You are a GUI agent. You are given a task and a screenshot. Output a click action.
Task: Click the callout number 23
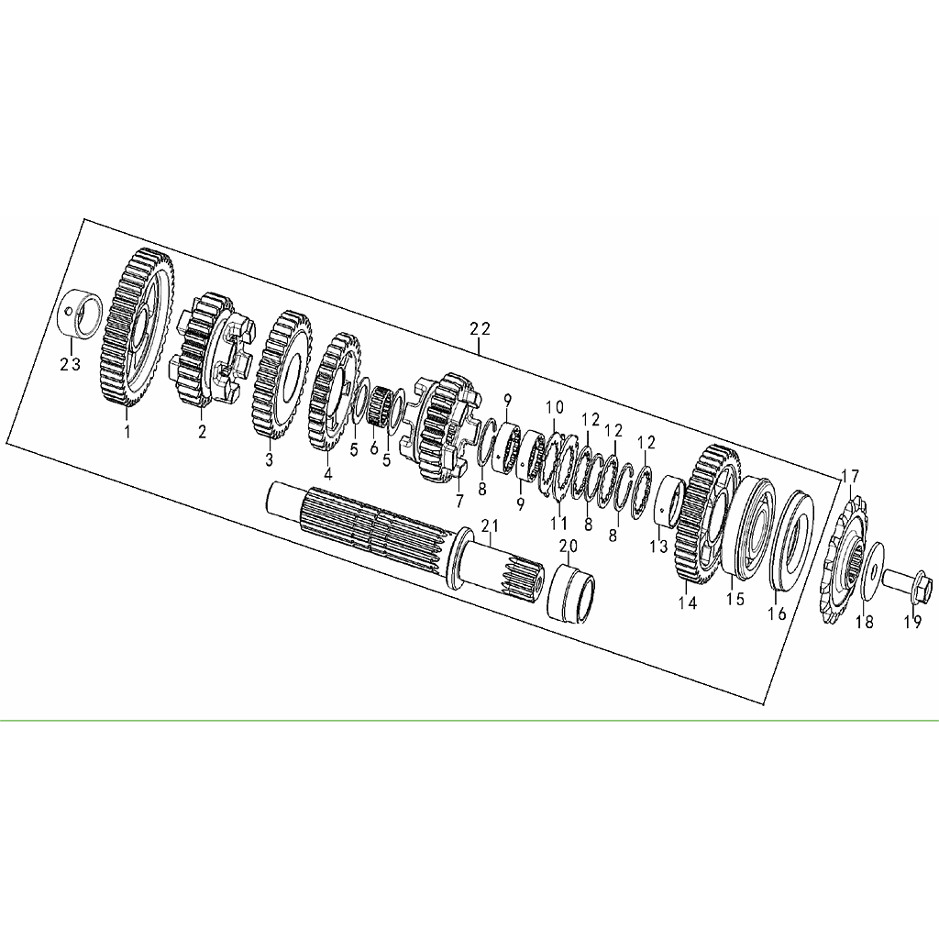click(x=70, y=364)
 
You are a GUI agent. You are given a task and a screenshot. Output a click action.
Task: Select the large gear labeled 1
click(x=136, y=328)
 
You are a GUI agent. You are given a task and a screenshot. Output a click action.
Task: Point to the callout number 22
click(x=480, y=329)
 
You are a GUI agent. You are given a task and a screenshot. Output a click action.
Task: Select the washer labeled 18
click(x=871, y=570)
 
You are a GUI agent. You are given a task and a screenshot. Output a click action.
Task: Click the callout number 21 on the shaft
click(x=491, y=525)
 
